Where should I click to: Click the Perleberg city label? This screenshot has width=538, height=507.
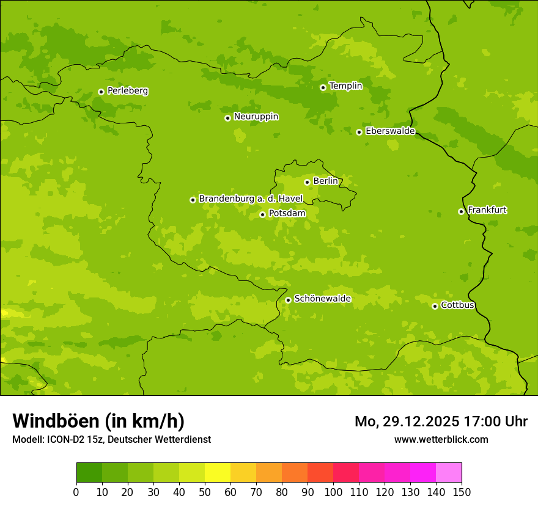[127, 91]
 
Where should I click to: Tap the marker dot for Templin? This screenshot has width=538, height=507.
[323, 87]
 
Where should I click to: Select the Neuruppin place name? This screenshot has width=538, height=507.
[256, 117]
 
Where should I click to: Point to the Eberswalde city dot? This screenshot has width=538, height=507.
[359, 132]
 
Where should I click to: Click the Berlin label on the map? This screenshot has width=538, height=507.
[325, 181]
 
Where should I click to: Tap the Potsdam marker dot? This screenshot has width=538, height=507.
[262, 214]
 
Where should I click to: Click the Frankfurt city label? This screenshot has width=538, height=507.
[487, 210]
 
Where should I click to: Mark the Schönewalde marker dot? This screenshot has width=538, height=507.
[288, 300]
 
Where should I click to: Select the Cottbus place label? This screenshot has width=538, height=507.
[457, 305]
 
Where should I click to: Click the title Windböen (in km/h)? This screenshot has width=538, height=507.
[98, 421]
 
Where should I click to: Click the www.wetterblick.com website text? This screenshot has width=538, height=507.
[441, 439]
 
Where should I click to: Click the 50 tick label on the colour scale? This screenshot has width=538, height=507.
[205, 492]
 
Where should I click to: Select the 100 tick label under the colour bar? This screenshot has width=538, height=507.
[333, 492]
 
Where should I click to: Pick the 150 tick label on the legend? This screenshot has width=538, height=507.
[462, 492]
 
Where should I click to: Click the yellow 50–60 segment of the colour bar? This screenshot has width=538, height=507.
[218, 473]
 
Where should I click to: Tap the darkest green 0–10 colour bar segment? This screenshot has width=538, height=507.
[89, 473]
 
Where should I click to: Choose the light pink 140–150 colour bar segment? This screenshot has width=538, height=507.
[449, 473]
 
